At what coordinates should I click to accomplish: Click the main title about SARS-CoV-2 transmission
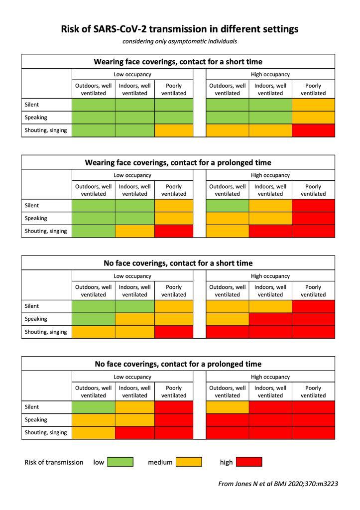pyautogui.click(x=180, y=29)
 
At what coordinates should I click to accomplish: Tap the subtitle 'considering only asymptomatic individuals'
pyautogui.click(x=180, y=41)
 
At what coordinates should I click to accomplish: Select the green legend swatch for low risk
pyautogui.click(x=120, y=462)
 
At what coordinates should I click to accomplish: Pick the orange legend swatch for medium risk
pyautogui.click(x=189, y=462)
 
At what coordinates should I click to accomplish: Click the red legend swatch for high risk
pyautogui.click(x=248, y=462)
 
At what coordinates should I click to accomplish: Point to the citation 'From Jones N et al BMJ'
pyautogui.click(x=278, y=484)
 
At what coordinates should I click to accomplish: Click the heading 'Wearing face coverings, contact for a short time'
pyautogui.click(x=178, y=62)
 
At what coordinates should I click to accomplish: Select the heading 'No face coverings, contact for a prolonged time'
pyautogui.click(x=178, y=364)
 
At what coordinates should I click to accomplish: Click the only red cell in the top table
pyautogui.click(x=313, y=130)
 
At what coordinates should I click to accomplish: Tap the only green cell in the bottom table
pyautogui.click(x=94, y=407)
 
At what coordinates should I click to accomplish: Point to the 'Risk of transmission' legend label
pyautogui.click(x=54, y=462)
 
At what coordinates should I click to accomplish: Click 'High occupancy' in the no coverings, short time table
pyautogui.click(x=270, y=276)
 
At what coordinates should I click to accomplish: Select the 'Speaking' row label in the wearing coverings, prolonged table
pyautogui.click(x=36, y=218)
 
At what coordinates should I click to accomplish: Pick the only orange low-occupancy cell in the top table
pyautogui.click(x=174, y=130)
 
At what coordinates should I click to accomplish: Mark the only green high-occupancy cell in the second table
pyautogui.click(x=228, y=205)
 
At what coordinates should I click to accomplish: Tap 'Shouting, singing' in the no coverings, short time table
pyautogui.click(x=46, y=332)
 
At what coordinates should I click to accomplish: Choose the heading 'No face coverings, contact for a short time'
pyautogui.click(x=178, y=263)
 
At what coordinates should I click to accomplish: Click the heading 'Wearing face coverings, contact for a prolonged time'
pyautogui.click(x=178, y=162)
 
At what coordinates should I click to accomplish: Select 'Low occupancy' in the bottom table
pyautogui.click(x=132, y=377)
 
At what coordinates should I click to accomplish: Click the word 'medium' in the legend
pyautogui.click(x=160, y=462)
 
